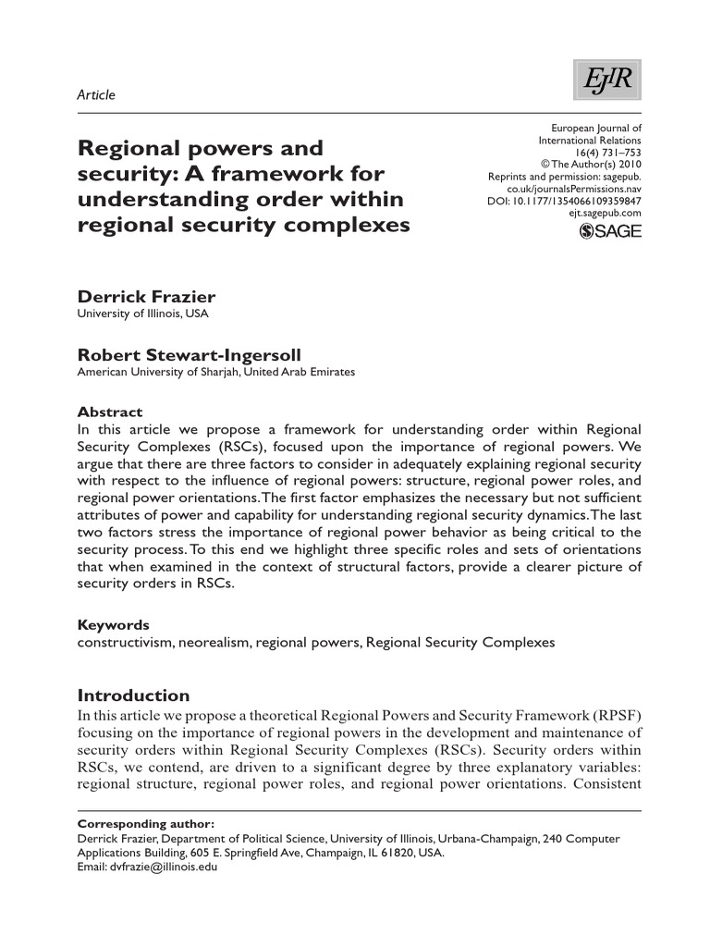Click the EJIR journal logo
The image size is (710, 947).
pyautogui.click(x=606, y=81)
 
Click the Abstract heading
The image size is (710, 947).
pyautogui.click(x=109, y=412)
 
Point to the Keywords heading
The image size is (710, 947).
pyautogui.click(x=112, y=625)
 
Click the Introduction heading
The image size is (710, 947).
pyautogui.click(x=133, y=695)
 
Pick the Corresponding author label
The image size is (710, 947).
pyautogui.click(x=145, y=823)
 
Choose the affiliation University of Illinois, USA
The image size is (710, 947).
pyautogui.click(x=142, y=314)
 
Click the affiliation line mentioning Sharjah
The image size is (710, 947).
pyautogui.click(x=214, y=372)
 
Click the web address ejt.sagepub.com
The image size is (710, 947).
pyautogui.click(x=605, y=213)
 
